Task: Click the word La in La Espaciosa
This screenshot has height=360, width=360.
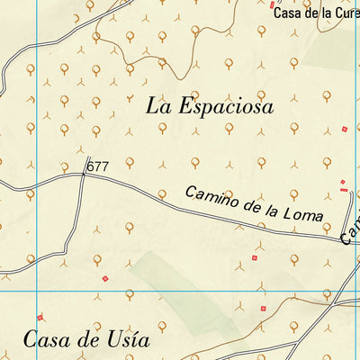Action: coord(157,105)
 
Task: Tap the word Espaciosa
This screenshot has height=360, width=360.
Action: coord(223,106)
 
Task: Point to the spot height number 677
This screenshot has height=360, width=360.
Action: coord(97,166)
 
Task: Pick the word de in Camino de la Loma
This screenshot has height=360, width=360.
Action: coord(248,207)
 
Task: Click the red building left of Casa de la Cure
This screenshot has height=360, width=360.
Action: coord(273,4)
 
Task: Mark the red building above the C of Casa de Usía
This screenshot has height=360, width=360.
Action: coord(40,317)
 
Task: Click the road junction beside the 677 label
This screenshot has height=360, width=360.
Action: coord(84,174)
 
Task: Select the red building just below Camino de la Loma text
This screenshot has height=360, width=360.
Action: coord(254,258)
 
